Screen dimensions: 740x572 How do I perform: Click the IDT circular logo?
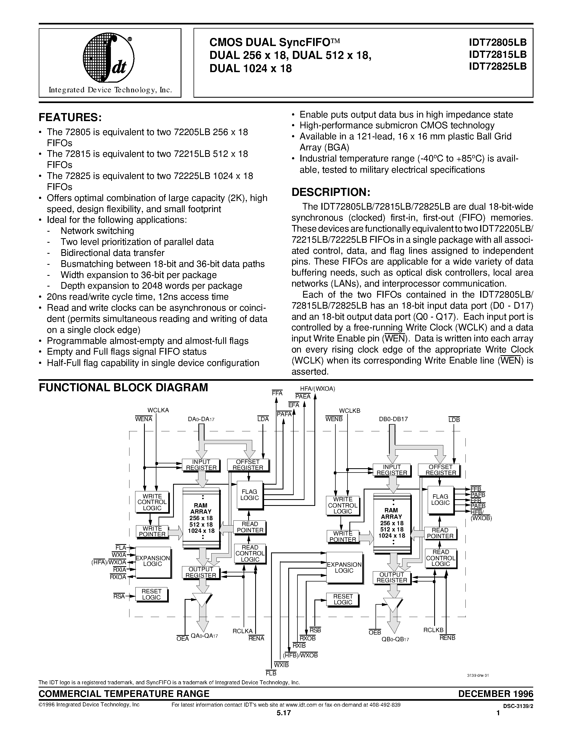(x=108, y=58)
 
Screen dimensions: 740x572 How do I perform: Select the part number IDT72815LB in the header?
(x=497, y=54)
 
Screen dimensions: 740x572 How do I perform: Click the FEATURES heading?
(x=70, y=118)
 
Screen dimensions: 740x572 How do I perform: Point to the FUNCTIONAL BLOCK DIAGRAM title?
(x=123, y=387)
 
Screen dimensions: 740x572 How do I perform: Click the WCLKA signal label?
(x=158, y=410)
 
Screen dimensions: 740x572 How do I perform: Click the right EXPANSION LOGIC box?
(x=344, y=568)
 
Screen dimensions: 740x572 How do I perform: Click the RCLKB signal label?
(x=433, y=630)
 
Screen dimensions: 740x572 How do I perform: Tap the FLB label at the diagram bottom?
(x=271, y=673)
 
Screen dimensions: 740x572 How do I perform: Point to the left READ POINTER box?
(x=250, y=527)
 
